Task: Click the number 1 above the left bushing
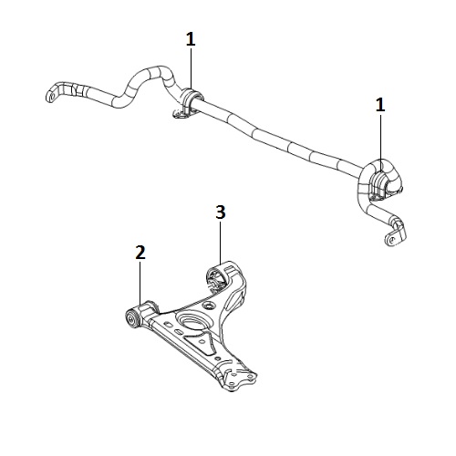click(x=191, y=39)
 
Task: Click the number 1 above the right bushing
click(x=380, y=105)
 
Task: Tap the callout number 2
click(x=140, y=253)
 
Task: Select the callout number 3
click(x=221, y=212)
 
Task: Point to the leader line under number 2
click(x=140, y=283)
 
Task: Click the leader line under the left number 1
click(x=191, y=69)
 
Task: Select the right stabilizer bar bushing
click(x=379, y=182)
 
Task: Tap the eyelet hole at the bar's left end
click(x=52, y=97)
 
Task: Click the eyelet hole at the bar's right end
click(x=392, y=238)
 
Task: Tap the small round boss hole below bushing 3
click(x=208, y=305)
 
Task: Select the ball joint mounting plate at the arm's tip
click(x=239, y=377)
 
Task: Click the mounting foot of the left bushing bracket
click(x=179, y=114)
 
